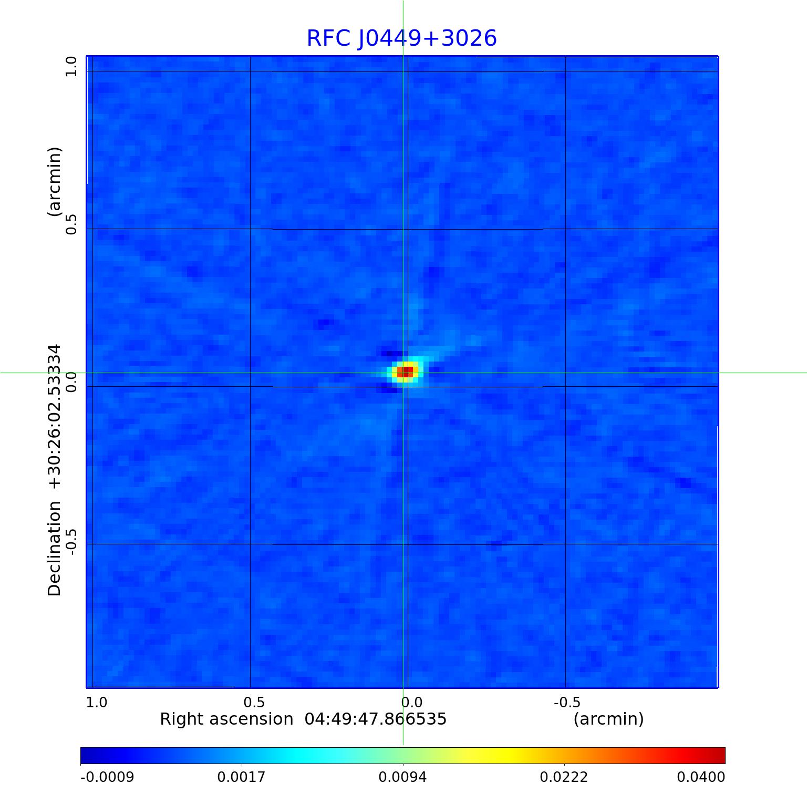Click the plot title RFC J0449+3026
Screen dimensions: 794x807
[401, 38]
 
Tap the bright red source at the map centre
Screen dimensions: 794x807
[405, 372]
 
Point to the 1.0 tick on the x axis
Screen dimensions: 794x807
[97, 702]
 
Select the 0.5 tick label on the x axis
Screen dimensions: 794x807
[254, 702]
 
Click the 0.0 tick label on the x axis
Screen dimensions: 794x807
[411, 702]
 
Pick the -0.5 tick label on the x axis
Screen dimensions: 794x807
[567, 702]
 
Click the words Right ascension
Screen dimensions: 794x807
[226, 719]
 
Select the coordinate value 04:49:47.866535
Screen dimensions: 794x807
[376, 719]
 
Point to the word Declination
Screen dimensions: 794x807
[55, 549]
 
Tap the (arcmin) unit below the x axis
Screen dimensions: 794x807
[608, 719]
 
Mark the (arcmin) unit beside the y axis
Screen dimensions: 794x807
[55, 182]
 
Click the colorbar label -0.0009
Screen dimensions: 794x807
[107, 777]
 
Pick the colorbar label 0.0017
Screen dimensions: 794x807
[241, 777]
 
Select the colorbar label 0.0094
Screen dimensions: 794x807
[402, 777]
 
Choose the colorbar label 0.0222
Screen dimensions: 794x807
[564, 777]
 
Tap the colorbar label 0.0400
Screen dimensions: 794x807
[701, 777]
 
